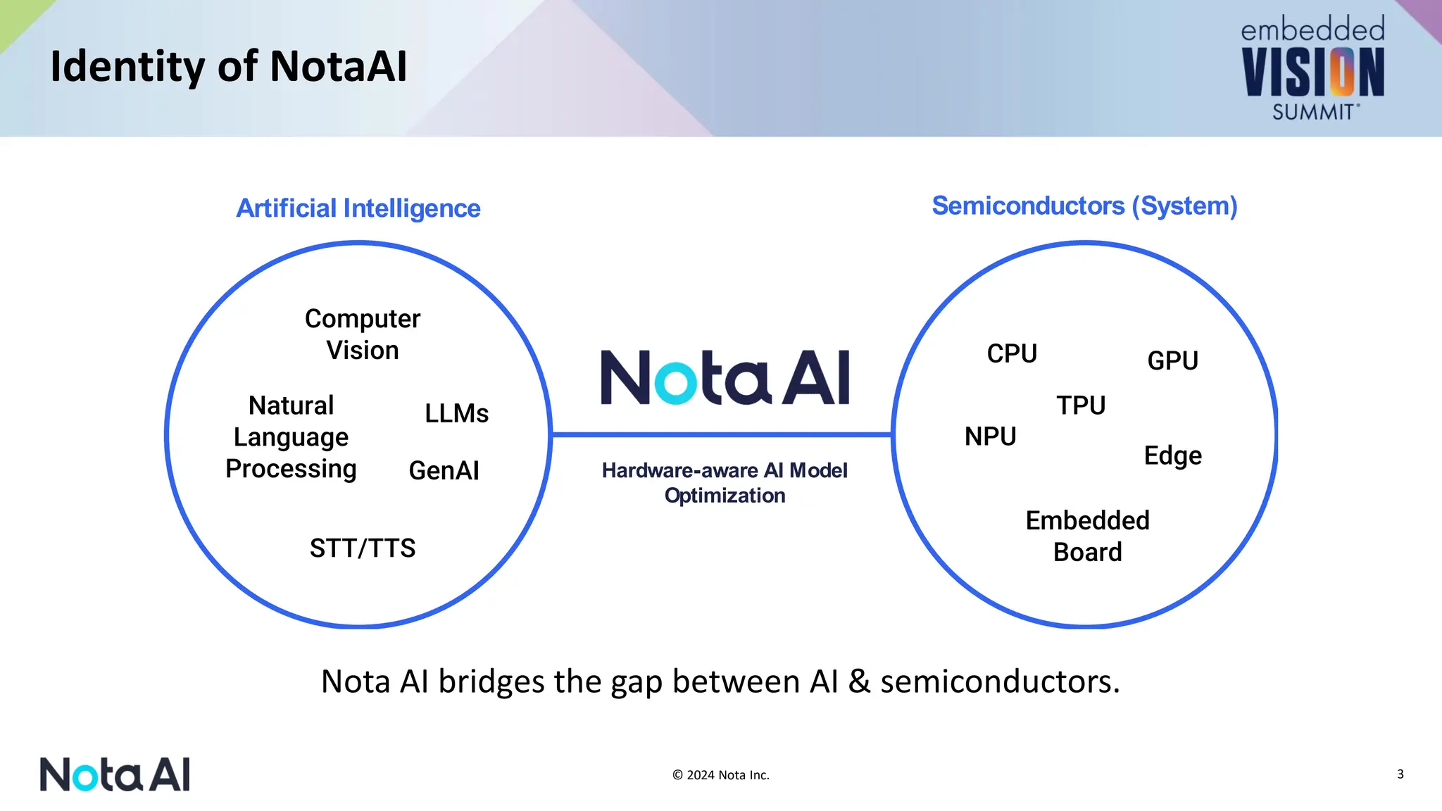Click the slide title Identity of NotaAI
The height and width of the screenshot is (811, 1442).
pos(228,67)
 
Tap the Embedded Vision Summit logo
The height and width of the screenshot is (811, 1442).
pos(1312,69)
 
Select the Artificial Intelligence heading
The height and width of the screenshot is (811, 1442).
pos(358,208)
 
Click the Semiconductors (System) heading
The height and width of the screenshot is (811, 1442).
pos(1084,206)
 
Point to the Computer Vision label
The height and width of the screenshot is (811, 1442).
pos(362,334)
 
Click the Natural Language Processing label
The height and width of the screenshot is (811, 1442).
pos(291,437)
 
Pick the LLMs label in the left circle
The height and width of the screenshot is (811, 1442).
pos(456,413)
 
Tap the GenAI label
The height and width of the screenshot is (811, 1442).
pos(444,470)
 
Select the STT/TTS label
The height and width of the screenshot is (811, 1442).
pos(362,548)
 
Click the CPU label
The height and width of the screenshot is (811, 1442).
pos(1012,353)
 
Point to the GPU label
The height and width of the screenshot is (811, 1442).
pos(1172,360)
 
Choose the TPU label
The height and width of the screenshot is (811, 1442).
pos(1081,405)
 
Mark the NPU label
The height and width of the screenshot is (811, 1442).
pos(990,436)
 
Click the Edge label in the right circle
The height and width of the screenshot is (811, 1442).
pos(1172,455)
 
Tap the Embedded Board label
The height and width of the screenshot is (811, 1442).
pos(1087,536)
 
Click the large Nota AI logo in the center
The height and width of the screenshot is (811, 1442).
pos(725,378)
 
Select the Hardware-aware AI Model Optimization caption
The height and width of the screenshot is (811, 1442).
pos(725,482)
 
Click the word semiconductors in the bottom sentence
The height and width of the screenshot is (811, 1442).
pos(999,681)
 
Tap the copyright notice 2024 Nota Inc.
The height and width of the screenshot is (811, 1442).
pos(720,775)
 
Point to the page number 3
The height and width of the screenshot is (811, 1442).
pos(1400,774)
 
